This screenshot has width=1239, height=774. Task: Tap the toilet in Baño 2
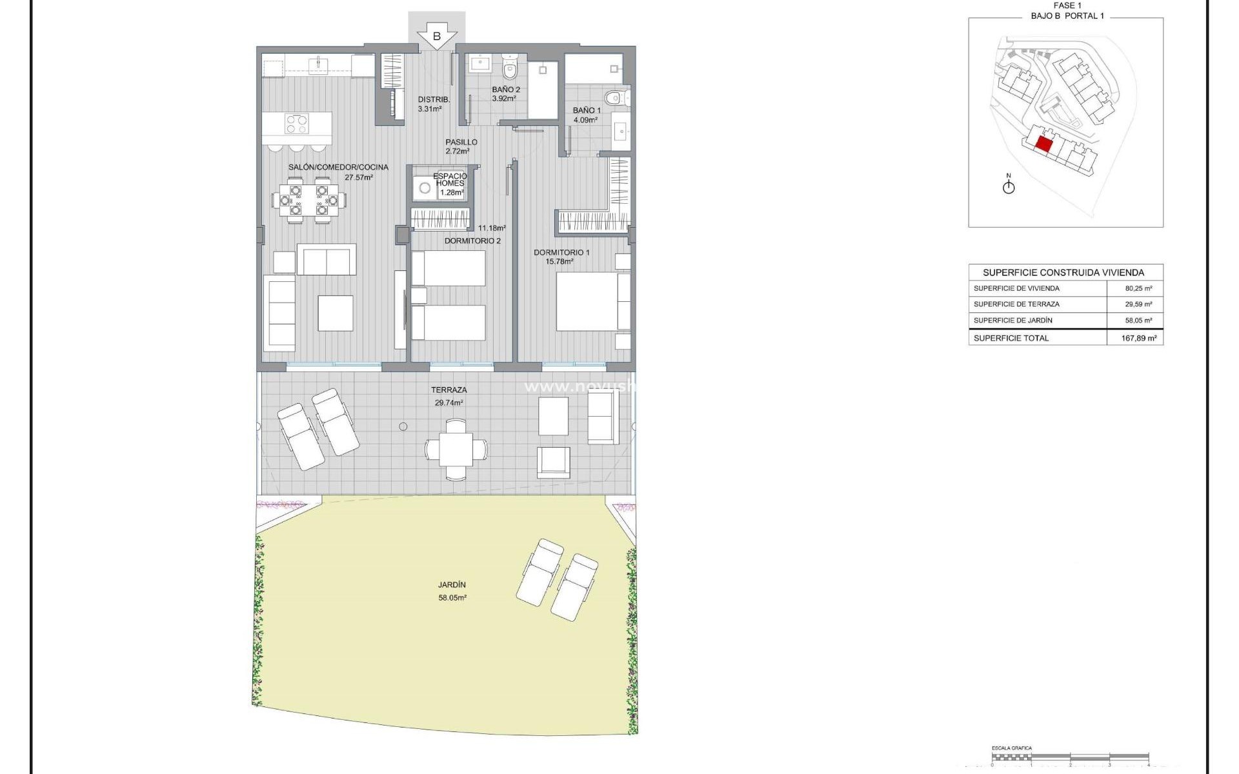click(x=510, y=67)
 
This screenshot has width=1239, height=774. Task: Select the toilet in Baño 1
click(x=614, y=99)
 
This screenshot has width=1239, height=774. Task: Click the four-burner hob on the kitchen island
click(x=297, y=123)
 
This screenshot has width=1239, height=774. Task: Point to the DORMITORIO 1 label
click(x=561, y=252)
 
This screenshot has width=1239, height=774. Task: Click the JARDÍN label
click(x=452, y=585)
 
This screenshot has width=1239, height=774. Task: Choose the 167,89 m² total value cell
click(x=1138, y=338)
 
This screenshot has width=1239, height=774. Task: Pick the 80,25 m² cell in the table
click(x=1138, y=288)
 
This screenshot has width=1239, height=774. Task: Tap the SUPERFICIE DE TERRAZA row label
click(x=1016, y=304)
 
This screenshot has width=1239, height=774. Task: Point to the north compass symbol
click(x=1009, y=186)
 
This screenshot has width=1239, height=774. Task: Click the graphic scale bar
click(x=1070, y=757)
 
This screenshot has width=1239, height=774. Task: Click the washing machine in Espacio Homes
click(x=425, y=188)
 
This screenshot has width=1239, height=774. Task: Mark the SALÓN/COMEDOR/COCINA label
click(x=338, y=167)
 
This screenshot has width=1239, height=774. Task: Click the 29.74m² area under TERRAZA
click(x=448, y=402)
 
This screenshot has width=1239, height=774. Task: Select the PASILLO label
click(x=461, y=142)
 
